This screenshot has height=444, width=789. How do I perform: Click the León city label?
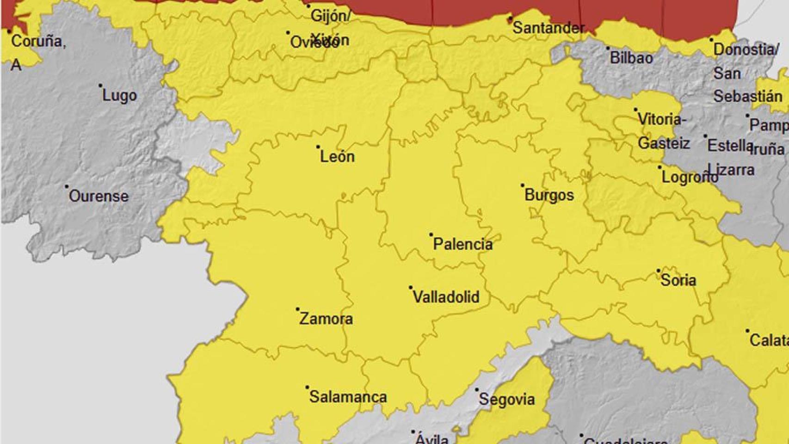click(337, 156)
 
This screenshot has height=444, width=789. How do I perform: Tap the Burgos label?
click(549, 195)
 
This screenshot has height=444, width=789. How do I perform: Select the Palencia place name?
click(462, 244)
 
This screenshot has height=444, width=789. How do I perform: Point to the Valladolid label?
click(446, 297)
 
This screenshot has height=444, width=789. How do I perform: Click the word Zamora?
click(326, 319)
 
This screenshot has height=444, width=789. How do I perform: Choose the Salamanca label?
click(348, 397)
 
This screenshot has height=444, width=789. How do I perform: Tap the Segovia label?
click(506, 399)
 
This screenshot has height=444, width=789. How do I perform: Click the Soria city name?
click(678, 280)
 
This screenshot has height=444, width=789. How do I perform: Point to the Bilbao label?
click(631, 58)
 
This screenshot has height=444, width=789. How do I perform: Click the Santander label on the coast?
click(549, 28)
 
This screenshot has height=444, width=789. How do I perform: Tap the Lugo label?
click(119, 96)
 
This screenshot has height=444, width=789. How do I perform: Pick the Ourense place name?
click(99, 196)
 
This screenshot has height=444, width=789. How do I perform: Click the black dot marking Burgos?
click(523, 185)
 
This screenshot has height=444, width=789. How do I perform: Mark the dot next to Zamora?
click(298, 309)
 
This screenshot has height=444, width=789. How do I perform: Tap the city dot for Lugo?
click(100, 86)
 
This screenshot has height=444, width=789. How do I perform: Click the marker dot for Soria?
click(659, 271)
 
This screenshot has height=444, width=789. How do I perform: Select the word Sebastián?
click(747, 96)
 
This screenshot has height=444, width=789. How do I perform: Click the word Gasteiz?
click(664, 143)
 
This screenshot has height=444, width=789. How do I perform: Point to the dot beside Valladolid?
click(411, 288)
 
